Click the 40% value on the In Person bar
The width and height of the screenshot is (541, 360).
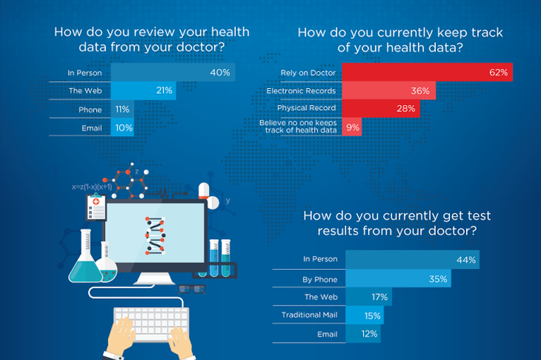[x=220, y=73]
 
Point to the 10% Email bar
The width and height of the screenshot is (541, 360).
[x=123, y=127]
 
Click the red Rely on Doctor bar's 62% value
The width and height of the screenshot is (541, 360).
[x=498, y=73]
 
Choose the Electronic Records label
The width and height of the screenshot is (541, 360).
[x=301, y=91]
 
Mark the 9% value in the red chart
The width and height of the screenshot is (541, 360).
[x=353, y=127]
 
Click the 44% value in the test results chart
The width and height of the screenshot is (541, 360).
[x=466, y=259]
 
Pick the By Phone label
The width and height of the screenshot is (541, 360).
[x=320, y=280]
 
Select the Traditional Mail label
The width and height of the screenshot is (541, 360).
[x=309, y=316]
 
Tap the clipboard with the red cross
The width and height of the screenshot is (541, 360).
[x=95, y=207]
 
